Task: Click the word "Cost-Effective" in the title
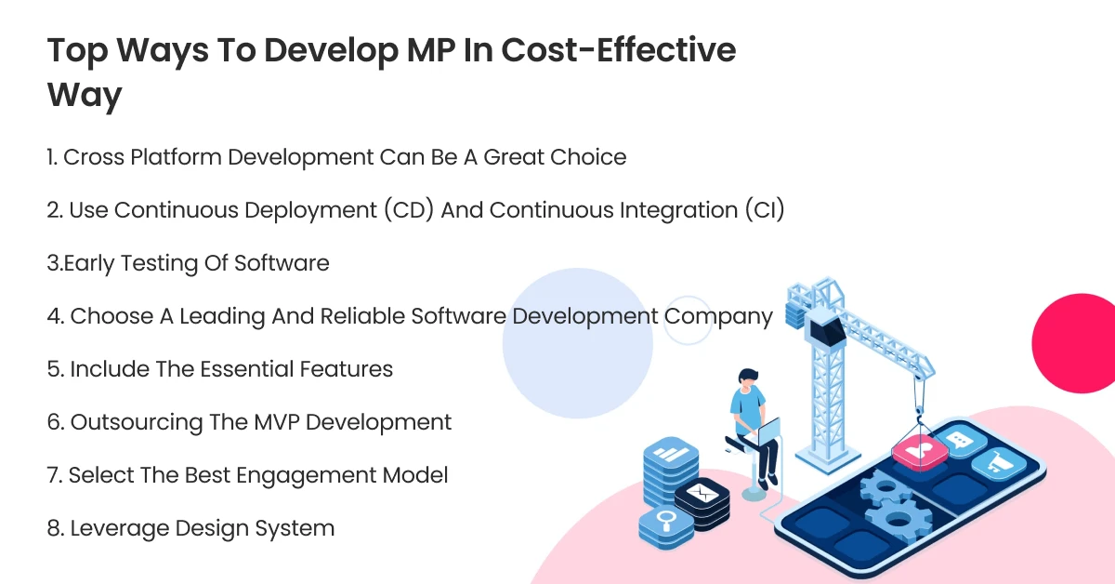(x=618, y=50)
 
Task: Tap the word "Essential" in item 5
(x=243, y=369)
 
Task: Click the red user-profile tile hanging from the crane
(x=918, y=452)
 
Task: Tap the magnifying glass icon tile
(x=665, y=521)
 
